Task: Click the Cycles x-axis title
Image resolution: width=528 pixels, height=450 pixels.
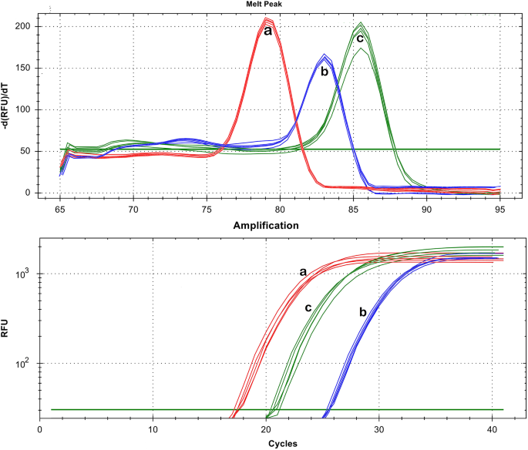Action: click(267, 445)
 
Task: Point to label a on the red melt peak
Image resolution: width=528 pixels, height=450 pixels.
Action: click(267, 31)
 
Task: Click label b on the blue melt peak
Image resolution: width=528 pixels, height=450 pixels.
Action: click(325, 72)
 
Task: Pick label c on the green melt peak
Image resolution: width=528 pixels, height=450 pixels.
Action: click(359, 38)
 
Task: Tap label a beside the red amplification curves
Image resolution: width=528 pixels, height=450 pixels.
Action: click(303, 272)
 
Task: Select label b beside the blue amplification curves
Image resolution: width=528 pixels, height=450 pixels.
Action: click(362, 311)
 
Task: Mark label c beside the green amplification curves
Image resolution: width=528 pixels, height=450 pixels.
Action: click(308, 307)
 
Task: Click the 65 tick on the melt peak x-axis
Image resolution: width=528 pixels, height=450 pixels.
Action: click(60, 208)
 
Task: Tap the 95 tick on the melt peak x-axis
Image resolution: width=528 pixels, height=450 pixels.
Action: click(499, 208)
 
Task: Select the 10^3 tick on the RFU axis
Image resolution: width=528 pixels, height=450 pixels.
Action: click(23, 274)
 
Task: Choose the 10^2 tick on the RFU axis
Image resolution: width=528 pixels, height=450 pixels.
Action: click(23, 363)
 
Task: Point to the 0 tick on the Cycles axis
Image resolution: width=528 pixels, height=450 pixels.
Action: click(40, 428)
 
